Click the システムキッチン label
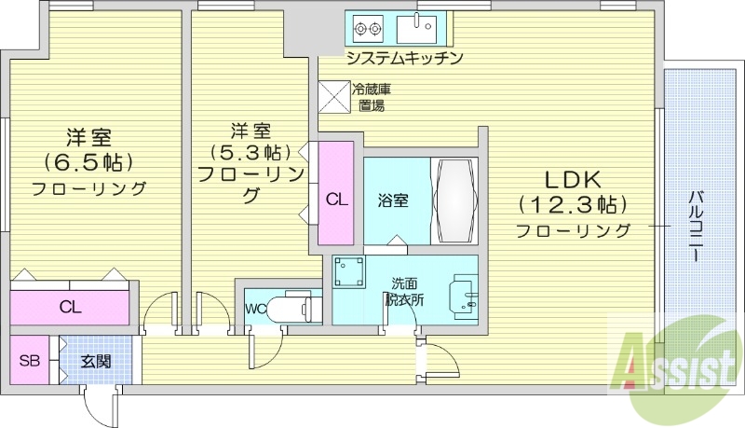[x=404, y=59]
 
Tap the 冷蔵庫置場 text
[x=372, y=98]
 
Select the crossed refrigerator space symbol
[x=332, y=97]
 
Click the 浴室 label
[x=392, y=200]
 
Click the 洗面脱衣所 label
[x=404, y=291]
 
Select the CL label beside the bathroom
[x=336, y=199]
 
